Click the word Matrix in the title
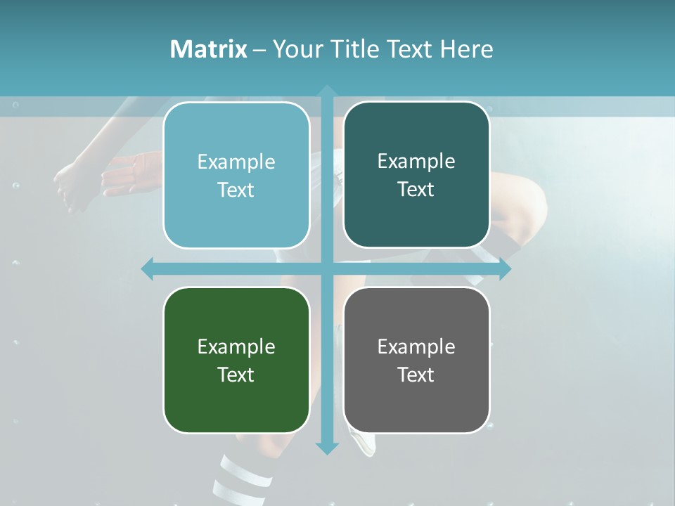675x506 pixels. tap(208, 49)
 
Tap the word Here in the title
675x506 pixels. tap(466, 49)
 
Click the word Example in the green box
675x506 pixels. tap(236, 346)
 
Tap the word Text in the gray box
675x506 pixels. tap(416, 375)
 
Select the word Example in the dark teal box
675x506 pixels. tap(416, 161)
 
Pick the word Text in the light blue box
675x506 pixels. tap(236, 190)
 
